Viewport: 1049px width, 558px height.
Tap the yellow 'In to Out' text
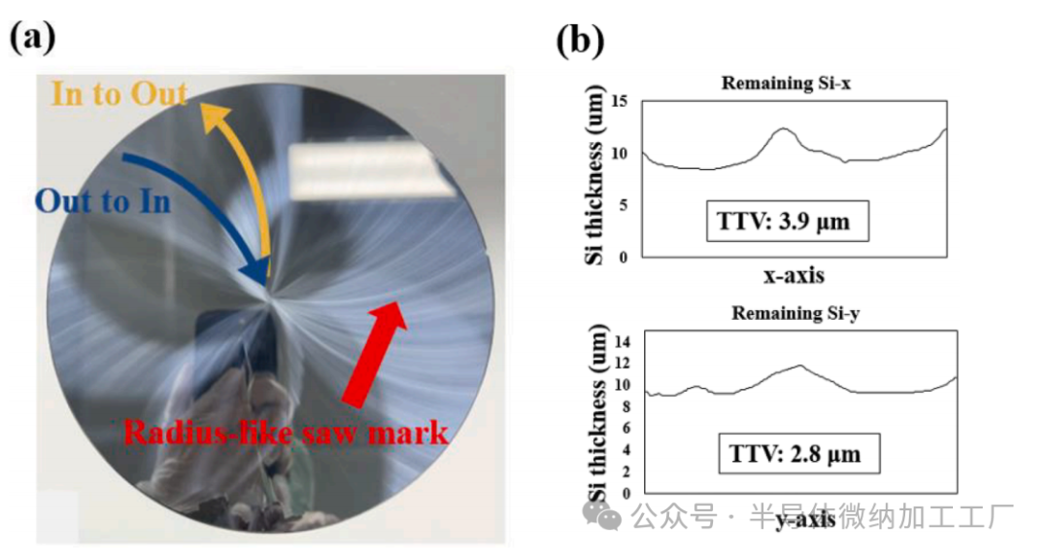(118, 94)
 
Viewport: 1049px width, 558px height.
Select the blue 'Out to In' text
(102, 201)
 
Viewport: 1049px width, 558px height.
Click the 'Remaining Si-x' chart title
(786, 84)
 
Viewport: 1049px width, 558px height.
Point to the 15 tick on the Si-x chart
(622, 101)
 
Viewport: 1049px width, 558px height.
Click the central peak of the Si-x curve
(785, 128)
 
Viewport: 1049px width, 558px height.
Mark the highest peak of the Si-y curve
(799, 366)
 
